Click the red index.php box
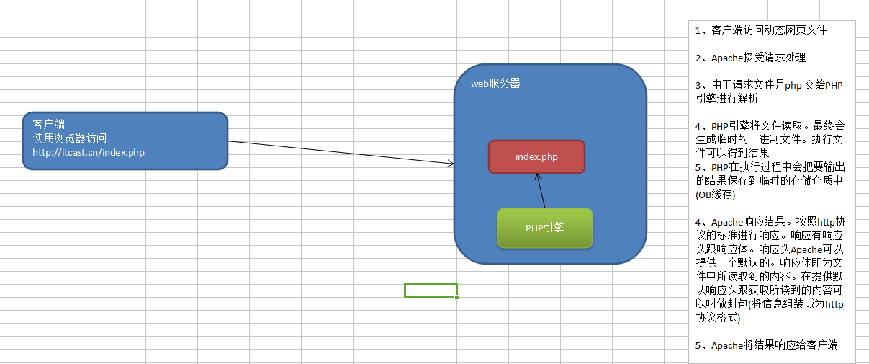pyautogui.click(x=536, y=156)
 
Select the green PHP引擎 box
pyautogui.click(x=544, y=228)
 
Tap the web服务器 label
pyautogui.click(x=495, y=84)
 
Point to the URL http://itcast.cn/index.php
pyautogui.click(x=89, y=152)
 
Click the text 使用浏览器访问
pyautogui.click(x=70, y=138)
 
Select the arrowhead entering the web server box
pyautogui.click(x=451, y=164)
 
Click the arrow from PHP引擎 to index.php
pyautogui.click(x=541, y=191)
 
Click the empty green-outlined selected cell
pyautogui.click(x=430, y=290)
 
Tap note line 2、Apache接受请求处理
pyautogui.click(x=750, y=58)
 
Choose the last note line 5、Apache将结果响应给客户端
pyautogui.click(x=766, y=345)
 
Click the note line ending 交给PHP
pyautogui.click(x=769, y=85)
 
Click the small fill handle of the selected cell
pyautogui.click(x=457, y=297)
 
